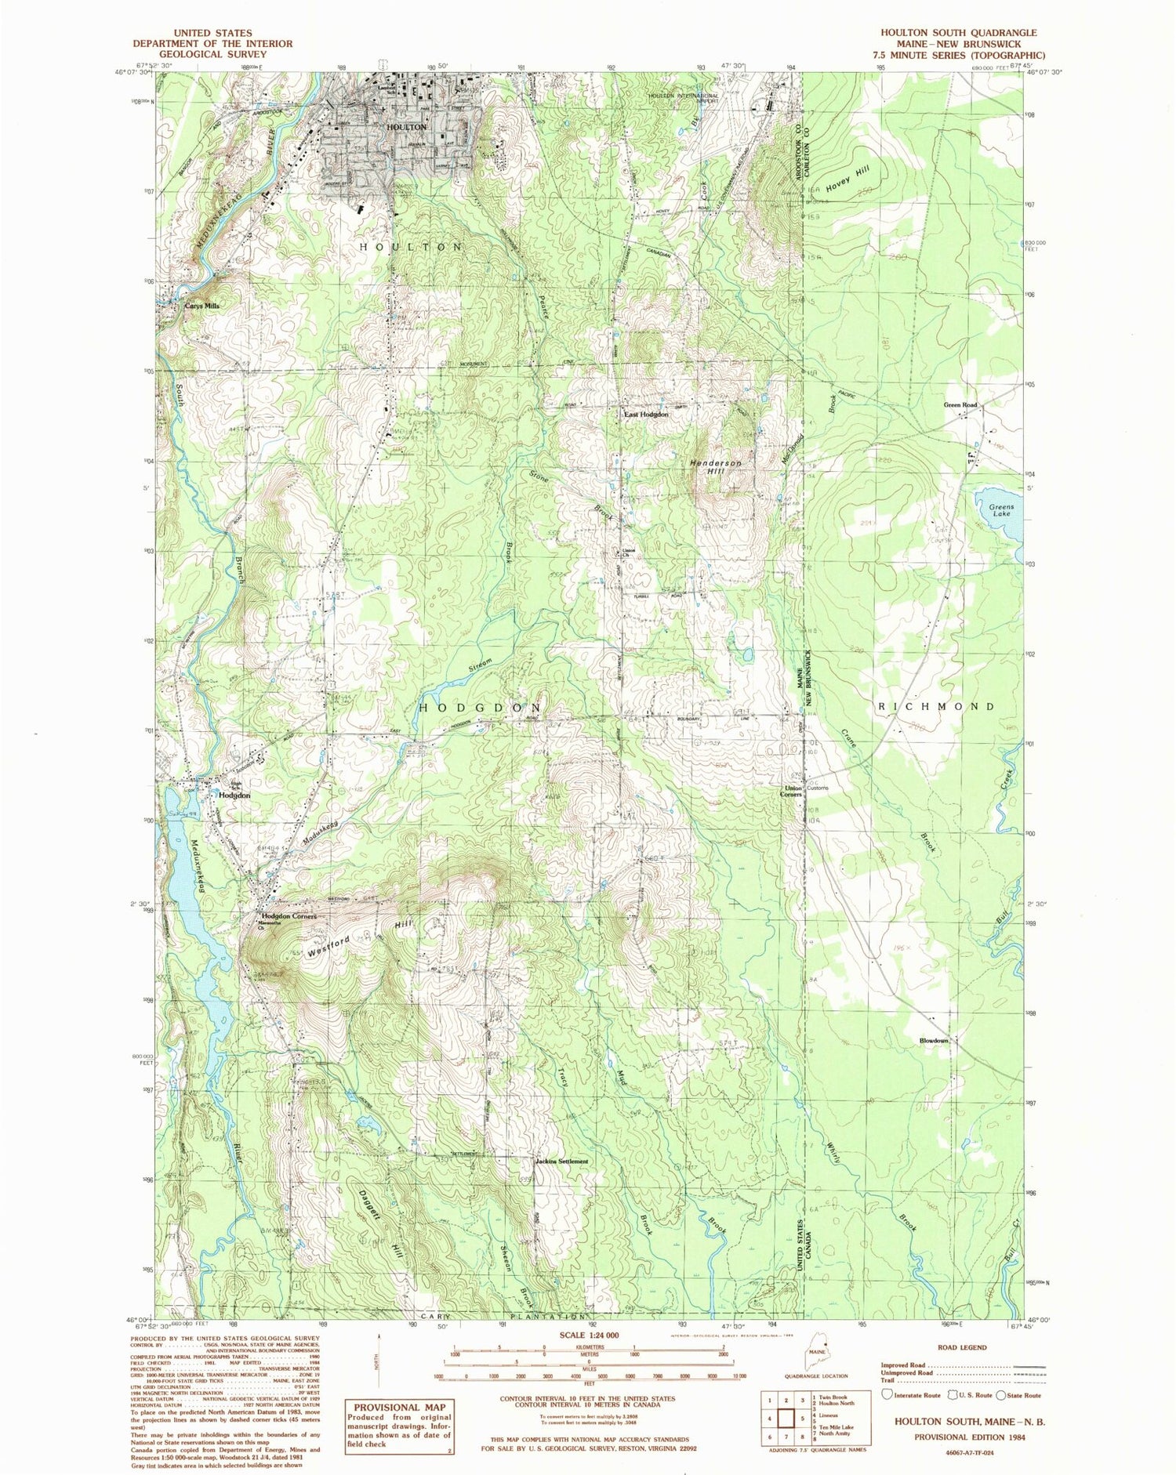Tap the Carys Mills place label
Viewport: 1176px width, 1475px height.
(201, 306)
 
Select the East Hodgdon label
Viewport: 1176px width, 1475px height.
(645, 414)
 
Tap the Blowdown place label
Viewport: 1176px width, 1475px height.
(934, 1041)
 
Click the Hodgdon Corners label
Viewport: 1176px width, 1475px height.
(289, 916)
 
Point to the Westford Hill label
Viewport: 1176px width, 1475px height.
(361, 937)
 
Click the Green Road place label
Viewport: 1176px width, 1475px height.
(960, 405)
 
